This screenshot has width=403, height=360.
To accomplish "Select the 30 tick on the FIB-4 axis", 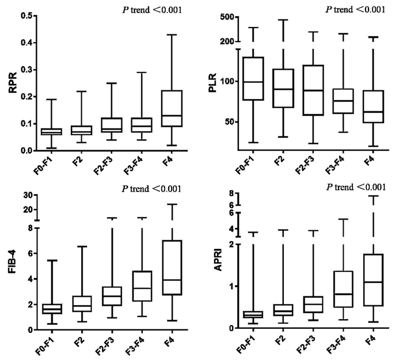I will (x=27, y=195).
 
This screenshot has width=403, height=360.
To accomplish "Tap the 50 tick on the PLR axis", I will (x=229, y=122).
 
